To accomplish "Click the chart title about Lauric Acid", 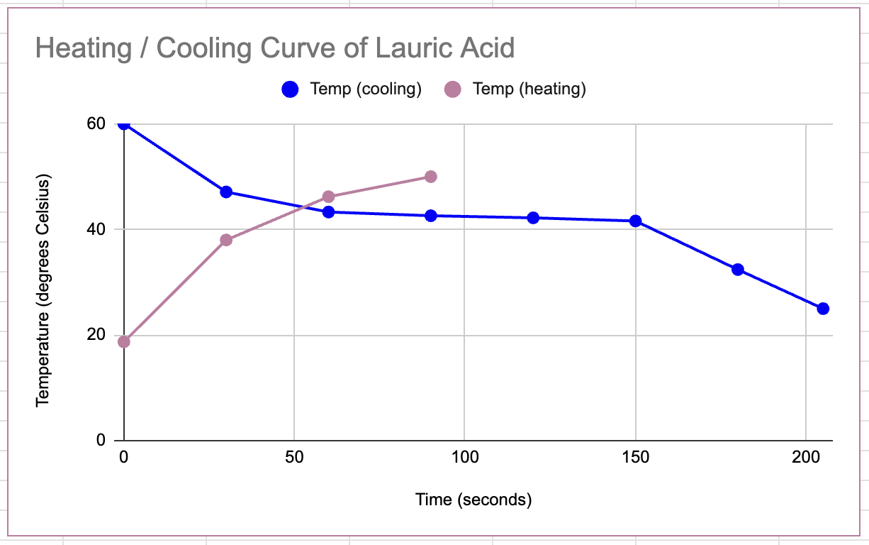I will pyautogui.click(x=274, y=49).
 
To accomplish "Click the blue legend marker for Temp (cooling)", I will pyautogui.click(x=290, y=89).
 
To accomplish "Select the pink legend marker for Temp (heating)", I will pyautogui.click(x=452, y=89).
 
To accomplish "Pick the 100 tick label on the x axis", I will pyautogui.click(x=464, y=458).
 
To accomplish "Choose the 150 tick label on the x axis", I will pyautogui.click(x=636, y=458).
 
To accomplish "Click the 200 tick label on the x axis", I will pyautogui.click(x=806, y=458).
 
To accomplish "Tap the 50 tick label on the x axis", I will pyautogui.click(x=294, y=458).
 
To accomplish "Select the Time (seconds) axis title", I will pyautogui.click(x=473, y=500).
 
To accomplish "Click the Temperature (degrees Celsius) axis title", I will pyautogui.click(x=43, y=290).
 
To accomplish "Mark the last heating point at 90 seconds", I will pyautogui.click(x=430, y=177).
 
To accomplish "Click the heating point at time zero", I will pyautogui.click(x=124, y=342).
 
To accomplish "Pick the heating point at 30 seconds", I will pyautogui.click(x=226, y=240).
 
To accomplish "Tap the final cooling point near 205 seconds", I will pyautogui.click(x=823, y=309).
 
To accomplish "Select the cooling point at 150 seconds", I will pyautogui.click(x=636, y=221).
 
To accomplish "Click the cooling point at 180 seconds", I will pyautogui.click(x=738, y=270).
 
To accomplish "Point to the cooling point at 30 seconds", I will pyautogui.click(x=226, y=192).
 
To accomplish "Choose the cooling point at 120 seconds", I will pyautogui.click(x=533, y=218).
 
